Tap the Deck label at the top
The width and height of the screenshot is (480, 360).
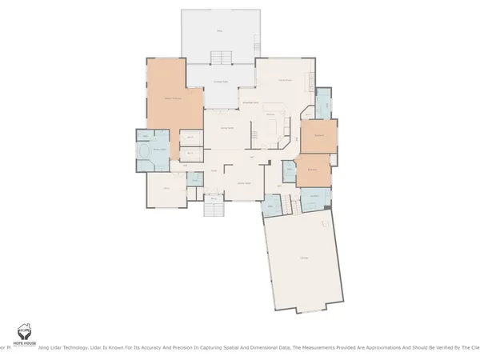pyautogui.click(x=220, y=31)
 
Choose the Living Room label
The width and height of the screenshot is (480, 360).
pyautogui.click(x=243, y=183)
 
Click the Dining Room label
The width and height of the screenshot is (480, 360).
pyautogui.click(x=226, y=128)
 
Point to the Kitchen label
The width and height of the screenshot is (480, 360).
pyautogui.click(x=270, y=115)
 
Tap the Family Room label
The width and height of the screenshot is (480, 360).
pyautogui.click(x=283, y=81)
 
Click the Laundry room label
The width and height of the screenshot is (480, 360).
pyautogui.click(x=315, y=196)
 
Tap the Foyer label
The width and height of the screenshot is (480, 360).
pyautogui.click(x=214, y=170)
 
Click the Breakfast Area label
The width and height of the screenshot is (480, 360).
pyautogui.click(x=250, y=103)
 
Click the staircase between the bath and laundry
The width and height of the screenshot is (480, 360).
pyautogui.click(x=290, y=206)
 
